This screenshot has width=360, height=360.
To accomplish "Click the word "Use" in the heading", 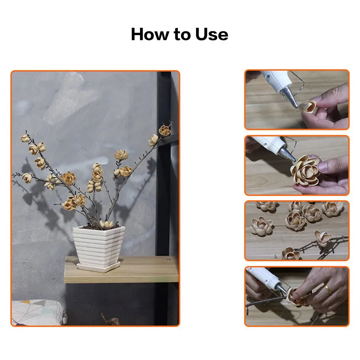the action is coord(212,34).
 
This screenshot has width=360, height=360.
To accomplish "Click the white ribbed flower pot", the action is coord(99,246).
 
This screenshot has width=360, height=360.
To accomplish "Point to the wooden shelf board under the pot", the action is coord(122,270).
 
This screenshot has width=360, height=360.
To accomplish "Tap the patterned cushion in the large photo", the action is coord(38,312).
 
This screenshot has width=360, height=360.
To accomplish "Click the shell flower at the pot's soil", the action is coord(106,224).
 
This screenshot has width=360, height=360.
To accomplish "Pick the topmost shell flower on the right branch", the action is coord(165,131).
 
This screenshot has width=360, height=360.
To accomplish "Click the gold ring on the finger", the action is coord(328,289).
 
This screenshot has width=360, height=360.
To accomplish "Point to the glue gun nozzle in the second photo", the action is coord(287,154).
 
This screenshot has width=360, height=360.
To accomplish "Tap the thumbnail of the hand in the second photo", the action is coord(323,166).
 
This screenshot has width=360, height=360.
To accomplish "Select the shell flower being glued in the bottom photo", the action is coord(297,297).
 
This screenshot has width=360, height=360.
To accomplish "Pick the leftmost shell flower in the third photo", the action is coord(262,226).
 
